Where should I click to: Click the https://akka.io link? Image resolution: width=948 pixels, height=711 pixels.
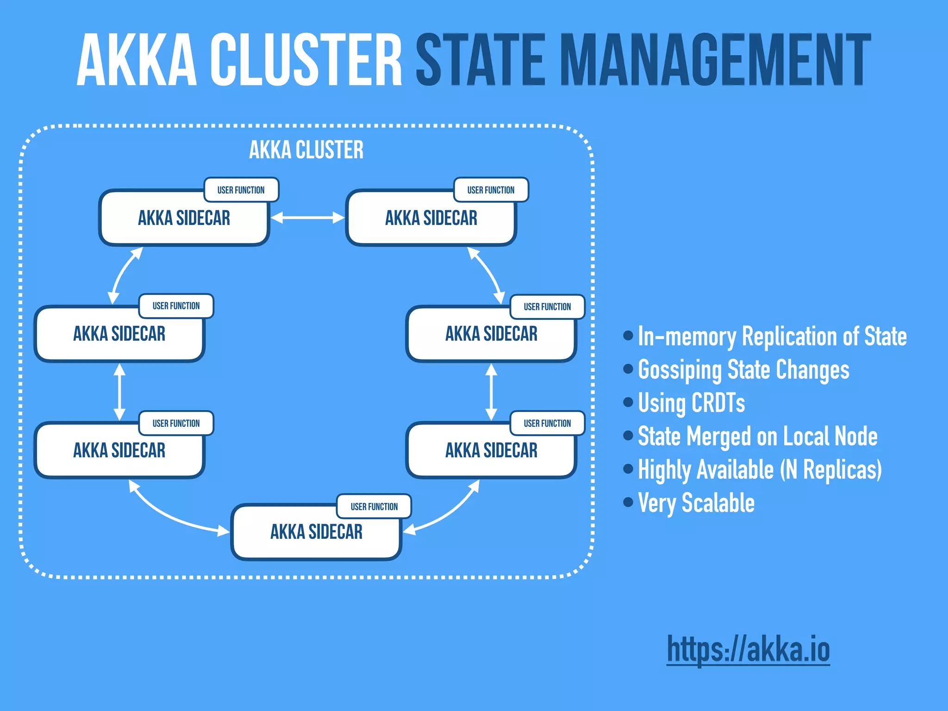748,649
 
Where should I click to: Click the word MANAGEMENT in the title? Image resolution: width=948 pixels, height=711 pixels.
715,60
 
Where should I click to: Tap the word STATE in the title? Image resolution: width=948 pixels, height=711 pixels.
480,60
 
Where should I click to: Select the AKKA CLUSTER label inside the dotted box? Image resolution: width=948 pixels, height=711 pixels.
306,150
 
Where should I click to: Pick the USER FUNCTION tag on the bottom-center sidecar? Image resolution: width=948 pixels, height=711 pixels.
374,506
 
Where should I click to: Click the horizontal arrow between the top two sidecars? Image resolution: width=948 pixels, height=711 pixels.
307,218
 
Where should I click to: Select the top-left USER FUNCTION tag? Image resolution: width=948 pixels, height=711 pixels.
241,190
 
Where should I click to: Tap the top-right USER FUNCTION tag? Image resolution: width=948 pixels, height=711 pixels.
491,190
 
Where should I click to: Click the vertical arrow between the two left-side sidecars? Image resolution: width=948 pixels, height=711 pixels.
119,392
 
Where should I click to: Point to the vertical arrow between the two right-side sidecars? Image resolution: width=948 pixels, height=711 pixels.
491,392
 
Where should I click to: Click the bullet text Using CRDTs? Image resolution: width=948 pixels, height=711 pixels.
692,403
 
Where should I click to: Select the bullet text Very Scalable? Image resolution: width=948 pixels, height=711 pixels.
696,503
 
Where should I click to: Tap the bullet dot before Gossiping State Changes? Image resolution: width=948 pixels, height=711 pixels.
628,369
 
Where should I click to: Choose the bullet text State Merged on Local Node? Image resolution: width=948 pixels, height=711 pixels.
757,436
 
